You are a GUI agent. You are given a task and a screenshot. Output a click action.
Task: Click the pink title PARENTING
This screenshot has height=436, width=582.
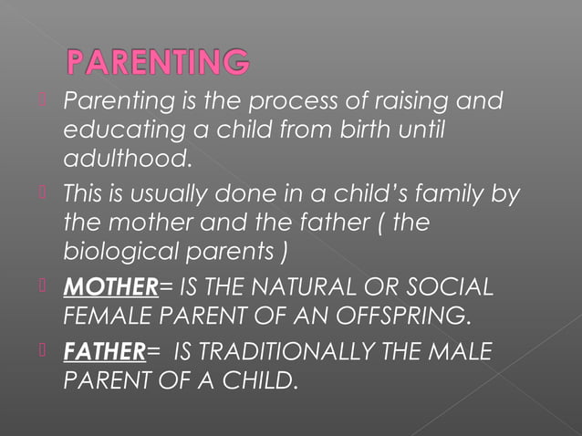[157, 63]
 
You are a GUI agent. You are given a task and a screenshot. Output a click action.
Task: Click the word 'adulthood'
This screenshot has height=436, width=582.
[127, 161]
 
